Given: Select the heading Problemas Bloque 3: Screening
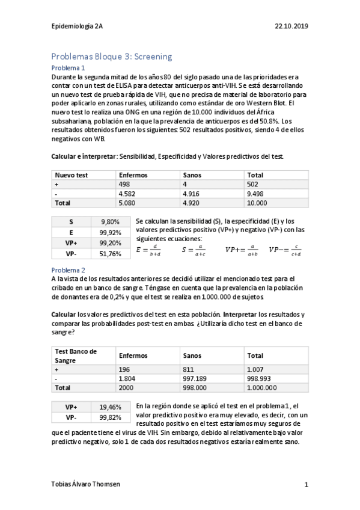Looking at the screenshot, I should (x=112, y=57).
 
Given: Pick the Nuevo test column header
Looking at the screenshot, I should (x=72, y=174).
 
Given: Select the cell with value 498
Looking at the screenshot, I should (x=125, y=184).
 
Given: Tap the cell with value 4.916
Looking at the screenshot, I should (x=192, y=194).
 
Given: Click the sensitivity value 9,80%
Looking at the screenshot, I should (x=112, y=222).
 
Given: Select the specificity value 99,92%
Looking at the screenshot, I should (x=111, y=232).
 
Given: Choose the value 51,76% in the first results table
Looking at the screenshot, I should (x=111, y=254).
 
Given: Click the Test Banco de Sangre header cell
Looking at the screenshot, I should (x=76, y=355).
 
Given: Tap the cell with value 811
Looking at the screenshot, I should (x=188, y=369).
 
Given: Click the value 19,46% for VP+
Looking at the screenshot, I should (x=111, y=407).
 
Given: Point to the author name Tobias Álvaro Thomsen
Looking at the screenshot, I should (x=85, y=484).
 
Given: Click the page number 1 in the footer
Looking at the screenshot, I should (x=306, y=484).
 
